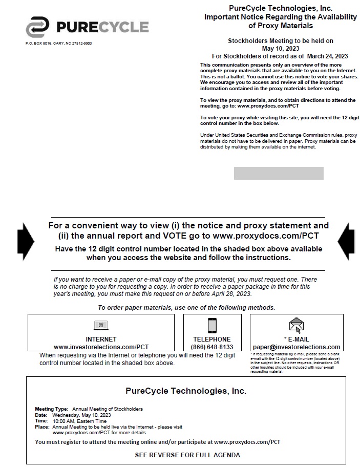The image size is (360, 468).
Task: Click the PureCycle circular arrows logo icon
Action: click(x=38, y=27)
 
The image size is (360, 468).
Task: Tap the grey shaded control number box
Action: click(x=279, y=173)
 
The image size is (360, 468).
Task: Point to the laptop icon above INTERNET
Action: click(x=101, y=325)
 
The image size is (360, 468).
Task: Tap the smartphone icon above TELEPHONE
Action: click(x=212, y=325)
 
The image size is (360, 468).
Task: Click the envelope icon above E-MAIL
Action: click(x=296, y=325)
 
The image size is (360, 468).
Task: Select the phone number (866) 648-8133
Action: click(x=212, y=347)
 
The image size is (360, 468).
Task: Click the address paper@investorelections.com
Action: click(x=297, y=347)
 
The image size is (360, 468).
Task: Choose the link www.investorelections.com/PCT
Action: click(x=101, y=347)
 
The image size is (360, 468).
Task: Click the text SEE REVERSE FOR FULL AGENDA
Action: click(x=187, y=455)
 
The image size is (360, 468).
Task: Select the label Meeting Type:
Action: click(x=51, y=409)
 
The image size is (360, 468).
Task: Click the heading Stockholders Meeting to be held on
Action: click(x=280, y=40)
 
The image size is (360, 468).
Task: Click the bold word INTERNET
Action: click(x=101, y=339)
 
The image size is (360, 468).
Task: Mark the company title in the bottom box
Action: click(x=186, y=391)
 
